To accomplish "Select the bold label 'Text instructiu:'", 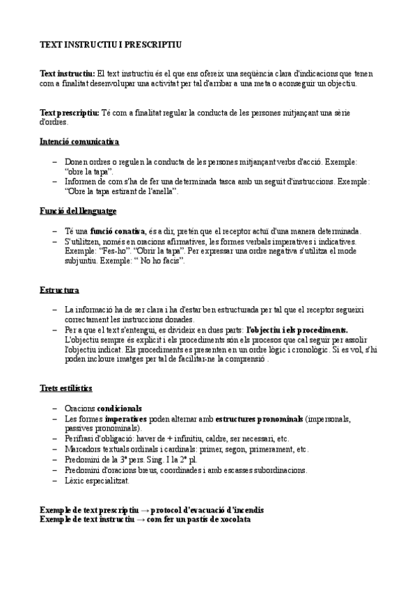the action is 68,74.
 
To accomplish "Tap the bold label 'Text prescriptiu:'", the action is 70,112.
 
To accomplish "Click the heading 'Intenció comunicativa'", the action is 79,142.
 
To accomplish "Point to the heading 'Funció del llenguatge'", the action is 78,210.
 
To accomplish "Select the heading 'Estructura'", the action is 59,289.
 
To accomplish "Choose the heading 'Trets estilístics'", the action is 66,388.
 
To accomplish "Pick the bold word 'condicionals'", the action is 119,408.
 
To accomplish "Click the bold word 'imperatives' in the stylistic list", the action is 125,420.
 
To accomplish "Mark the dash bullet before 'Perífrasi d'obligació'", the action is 55,440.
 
